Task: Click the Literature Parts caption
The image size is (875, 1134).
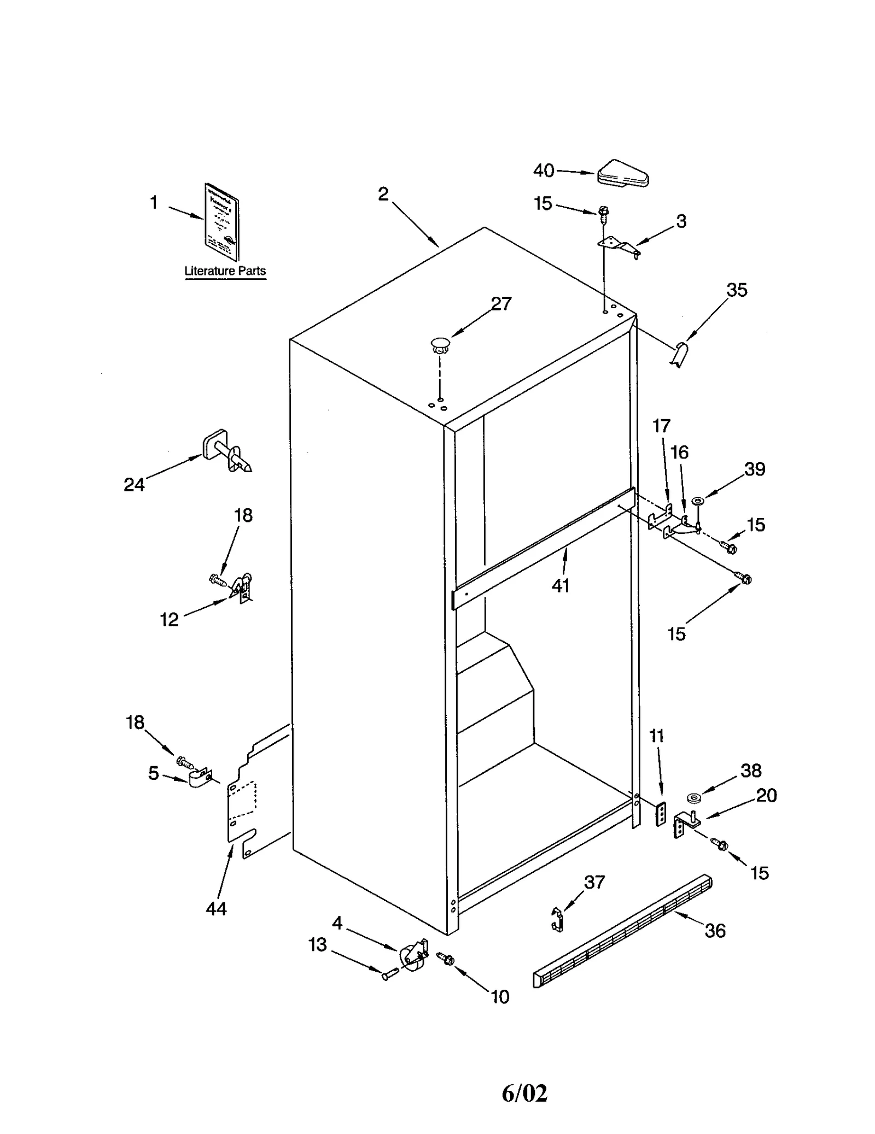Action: click(x=225, y=271)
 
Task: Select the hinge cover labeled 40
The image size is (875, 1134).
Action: click(x=622, y=174)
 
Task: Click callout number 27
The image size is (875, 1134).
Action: click(x=501, y=304)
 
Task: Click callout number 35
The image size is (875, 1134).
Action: click(x=737, y=290)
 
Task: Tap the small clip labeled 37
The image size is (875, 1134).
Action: click(x=557, y=919)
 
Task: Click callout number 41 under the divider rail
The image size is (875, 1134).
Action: click(x=561, y=586)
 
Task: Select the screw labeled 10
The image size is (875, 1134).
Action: click(x=446, y=958)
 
